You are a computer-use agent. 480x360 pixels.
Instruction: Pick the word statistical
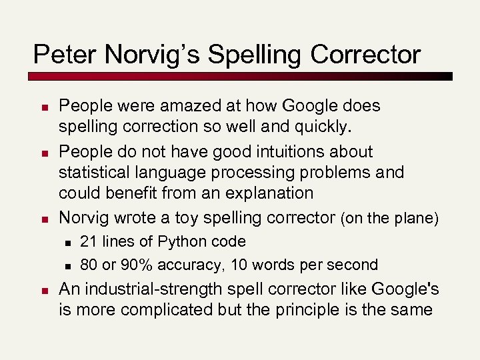[95, 172]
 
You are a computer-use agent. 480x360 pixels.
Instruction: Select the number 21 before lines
[88, 241]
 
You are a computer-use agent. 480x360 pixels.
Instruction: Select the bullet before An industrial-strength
[43, 291]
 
